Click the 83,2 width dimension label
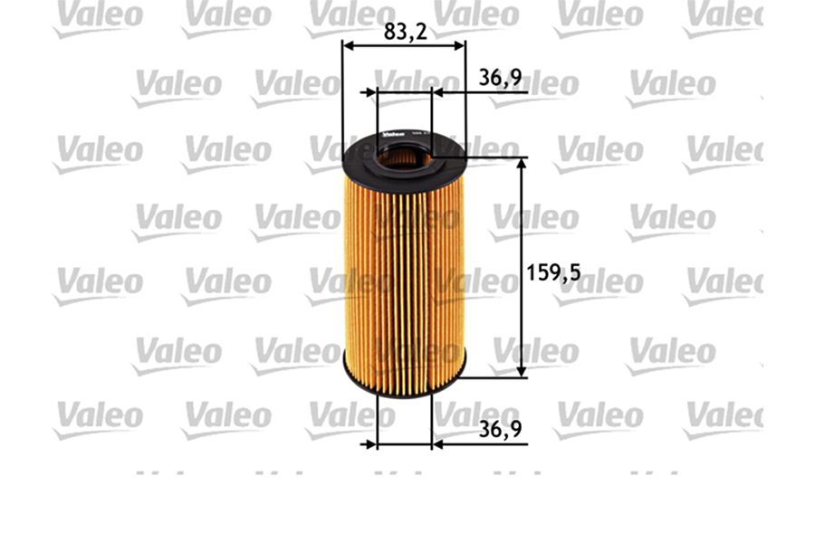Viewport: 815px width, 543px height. [405, 31]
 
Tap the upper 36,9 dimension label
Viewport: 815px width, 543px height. [500, 79]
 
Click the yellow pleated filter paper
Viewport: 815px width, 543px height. [404, 271]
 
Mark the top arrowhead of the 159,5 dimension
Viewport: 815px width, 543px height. [522, 163]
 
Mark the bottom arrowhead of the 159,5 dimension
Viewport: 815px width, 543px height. [522, 372]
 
